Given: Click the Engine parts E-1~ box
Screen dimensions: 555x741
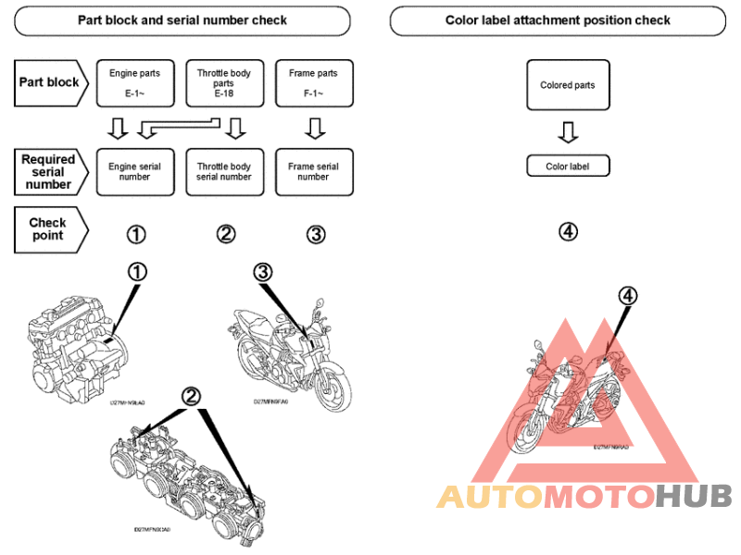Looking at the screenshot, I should click(134, 82).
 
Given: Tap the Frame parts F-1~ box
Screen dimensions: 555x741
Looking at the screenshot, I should click(313, 82).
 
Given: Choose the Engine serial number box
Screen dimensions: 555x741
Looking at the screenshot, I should click(134, 172).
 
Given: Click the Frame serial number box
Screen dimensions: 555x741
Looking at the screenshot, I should click(313, 172).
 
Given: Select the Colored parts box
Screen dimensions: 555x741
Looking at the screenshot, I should click(568, 86).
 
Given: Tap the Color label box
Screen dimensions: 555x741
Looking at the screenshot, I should click(568, 166).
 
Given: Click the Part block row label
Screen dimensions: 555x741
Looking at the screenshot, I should click(50, 82).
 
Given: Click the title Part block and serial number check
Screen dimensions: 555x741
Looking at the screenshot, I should click(182, 19).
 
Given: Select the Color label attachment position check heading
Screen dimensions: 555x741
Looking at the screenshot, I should click(558, 19).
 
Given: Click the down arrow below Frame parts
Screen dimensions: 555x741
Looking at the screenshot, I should click(313, 127).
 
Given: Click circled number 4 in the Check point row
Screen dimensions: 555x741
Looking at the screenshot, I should click(569, 231).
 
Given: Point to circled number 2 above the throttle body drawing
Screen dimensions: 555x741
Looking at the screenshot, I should click(191, 396).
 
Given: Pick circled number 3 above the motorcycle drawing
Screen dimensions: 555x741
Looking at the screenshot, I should click(263, 272).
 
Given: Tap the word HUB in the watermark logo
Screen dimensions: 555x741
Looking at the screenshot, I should click(694, 497).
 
